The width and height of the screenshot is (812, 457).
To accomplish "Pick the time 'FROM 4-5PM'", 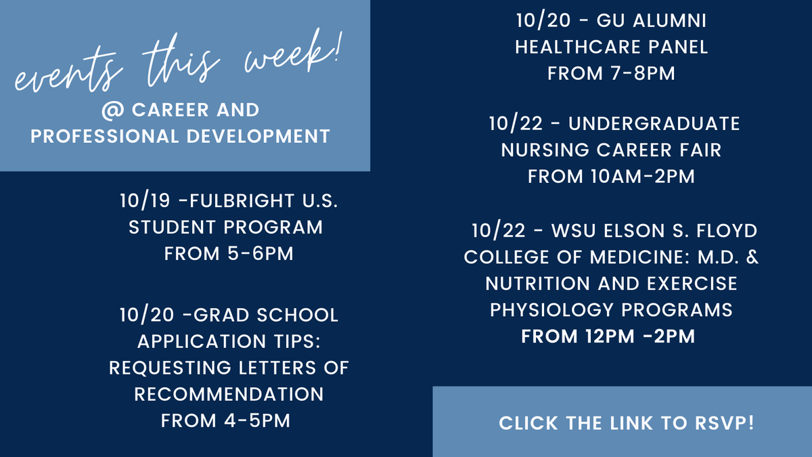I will [225, 420].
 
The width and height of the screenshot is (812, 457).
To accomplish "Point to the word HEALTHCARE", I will [574, 47].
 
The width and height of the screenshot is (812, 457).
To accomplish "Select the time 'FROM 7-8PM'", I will [611, 73].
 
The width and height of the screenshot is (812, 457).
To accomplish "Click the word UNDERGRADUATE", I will [654, 124].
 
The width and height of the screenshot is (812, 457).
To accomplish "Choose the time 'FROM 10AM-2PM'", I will [611, 176].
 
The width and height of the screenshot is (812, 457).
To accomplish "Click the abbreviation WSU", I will [575, 231].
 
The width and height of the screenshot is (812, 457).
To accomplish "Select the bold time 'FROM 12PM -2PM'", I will [608, 336].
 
